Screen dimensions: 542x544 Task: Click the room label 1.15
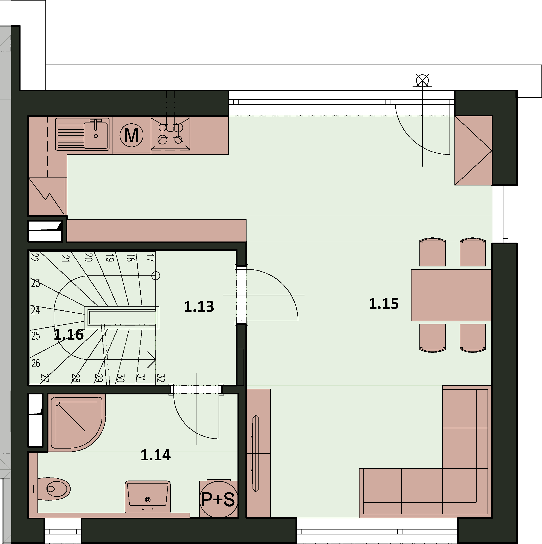[384, 304]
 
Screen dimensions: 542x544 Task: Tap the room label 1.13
[199, 307]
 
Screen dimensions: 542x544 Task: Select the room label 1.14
[155, 455]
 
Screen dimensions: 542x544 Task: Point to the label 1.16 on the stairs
[69, 335]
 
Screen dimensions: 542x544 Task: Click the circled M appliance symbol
[131, 135]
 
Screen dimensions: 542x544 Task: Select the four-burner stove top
[170, 133]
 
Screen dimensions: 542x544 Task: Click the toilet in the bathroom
[54, 489]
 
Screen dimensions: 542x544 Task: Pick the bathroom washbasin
[148, 497]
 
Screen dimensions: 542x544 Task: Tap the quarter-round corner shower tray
[77, 423]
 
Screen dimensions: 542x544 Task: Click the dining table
[451, 295]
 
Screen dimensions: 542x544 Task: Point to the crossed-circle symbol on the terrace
[422, 81]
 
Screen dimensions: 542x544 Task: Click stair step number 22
[34, 257]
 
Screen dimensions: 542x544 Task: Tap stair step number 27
[45, 378]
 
